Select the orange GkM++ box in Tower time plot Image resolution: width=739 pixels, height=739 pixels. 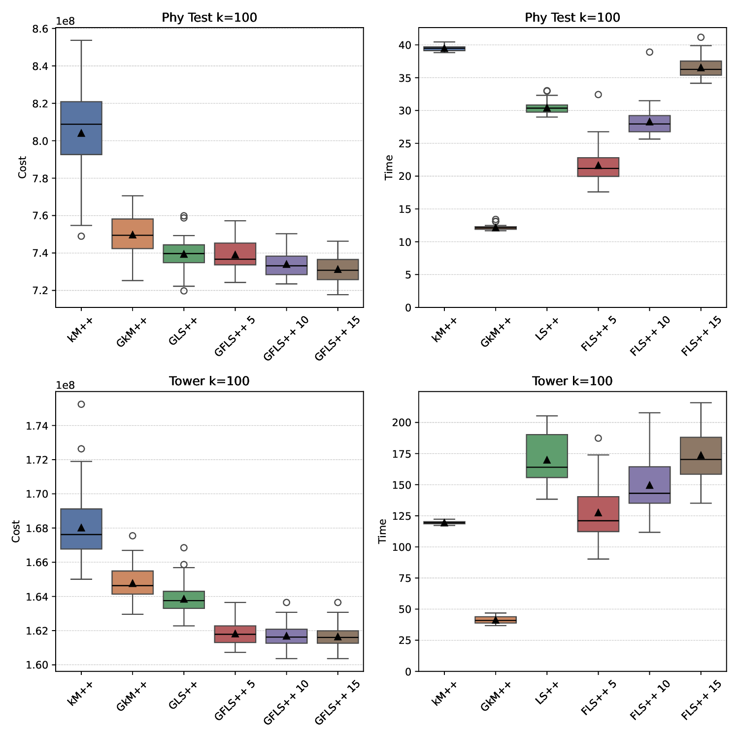click(496, 620)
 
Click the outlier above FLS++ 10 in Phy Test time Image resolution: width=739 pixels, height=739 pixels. click(649, 52)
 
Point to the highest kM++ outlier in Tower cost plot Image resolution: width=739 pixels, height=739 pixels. click(81, 404)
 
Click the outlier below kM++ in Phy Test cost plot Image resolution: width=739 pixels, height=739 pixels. click(81, 236)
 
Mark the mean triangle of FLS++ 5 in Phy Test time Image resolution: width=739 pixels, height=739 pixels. click(598, 166)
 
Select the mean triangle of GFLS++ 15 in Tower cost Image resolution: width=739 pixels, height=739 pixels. click(337, 637)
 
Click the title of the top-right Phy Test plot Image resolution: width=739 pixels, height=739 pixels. click(572, 18)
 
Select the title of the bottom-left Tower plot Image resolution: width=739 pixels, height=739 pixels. click(209, 381)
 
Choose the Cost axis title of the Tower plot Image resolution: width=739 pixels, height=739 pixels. click(16, 531)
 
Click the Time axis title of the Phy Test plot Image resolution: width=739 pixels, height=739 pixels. click(389, 168)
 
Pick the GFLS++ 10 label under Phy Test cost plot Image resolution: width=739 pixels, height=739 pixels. click(286, 339)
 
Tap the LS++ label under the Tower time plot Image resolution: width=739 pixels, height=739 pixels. click(543, 694)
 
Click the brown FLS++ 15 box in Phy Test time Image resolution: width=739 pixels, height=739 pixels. click(701, 68)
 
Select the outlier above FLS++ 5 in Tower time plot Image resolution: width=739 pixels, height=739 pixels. click(598, 438)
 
